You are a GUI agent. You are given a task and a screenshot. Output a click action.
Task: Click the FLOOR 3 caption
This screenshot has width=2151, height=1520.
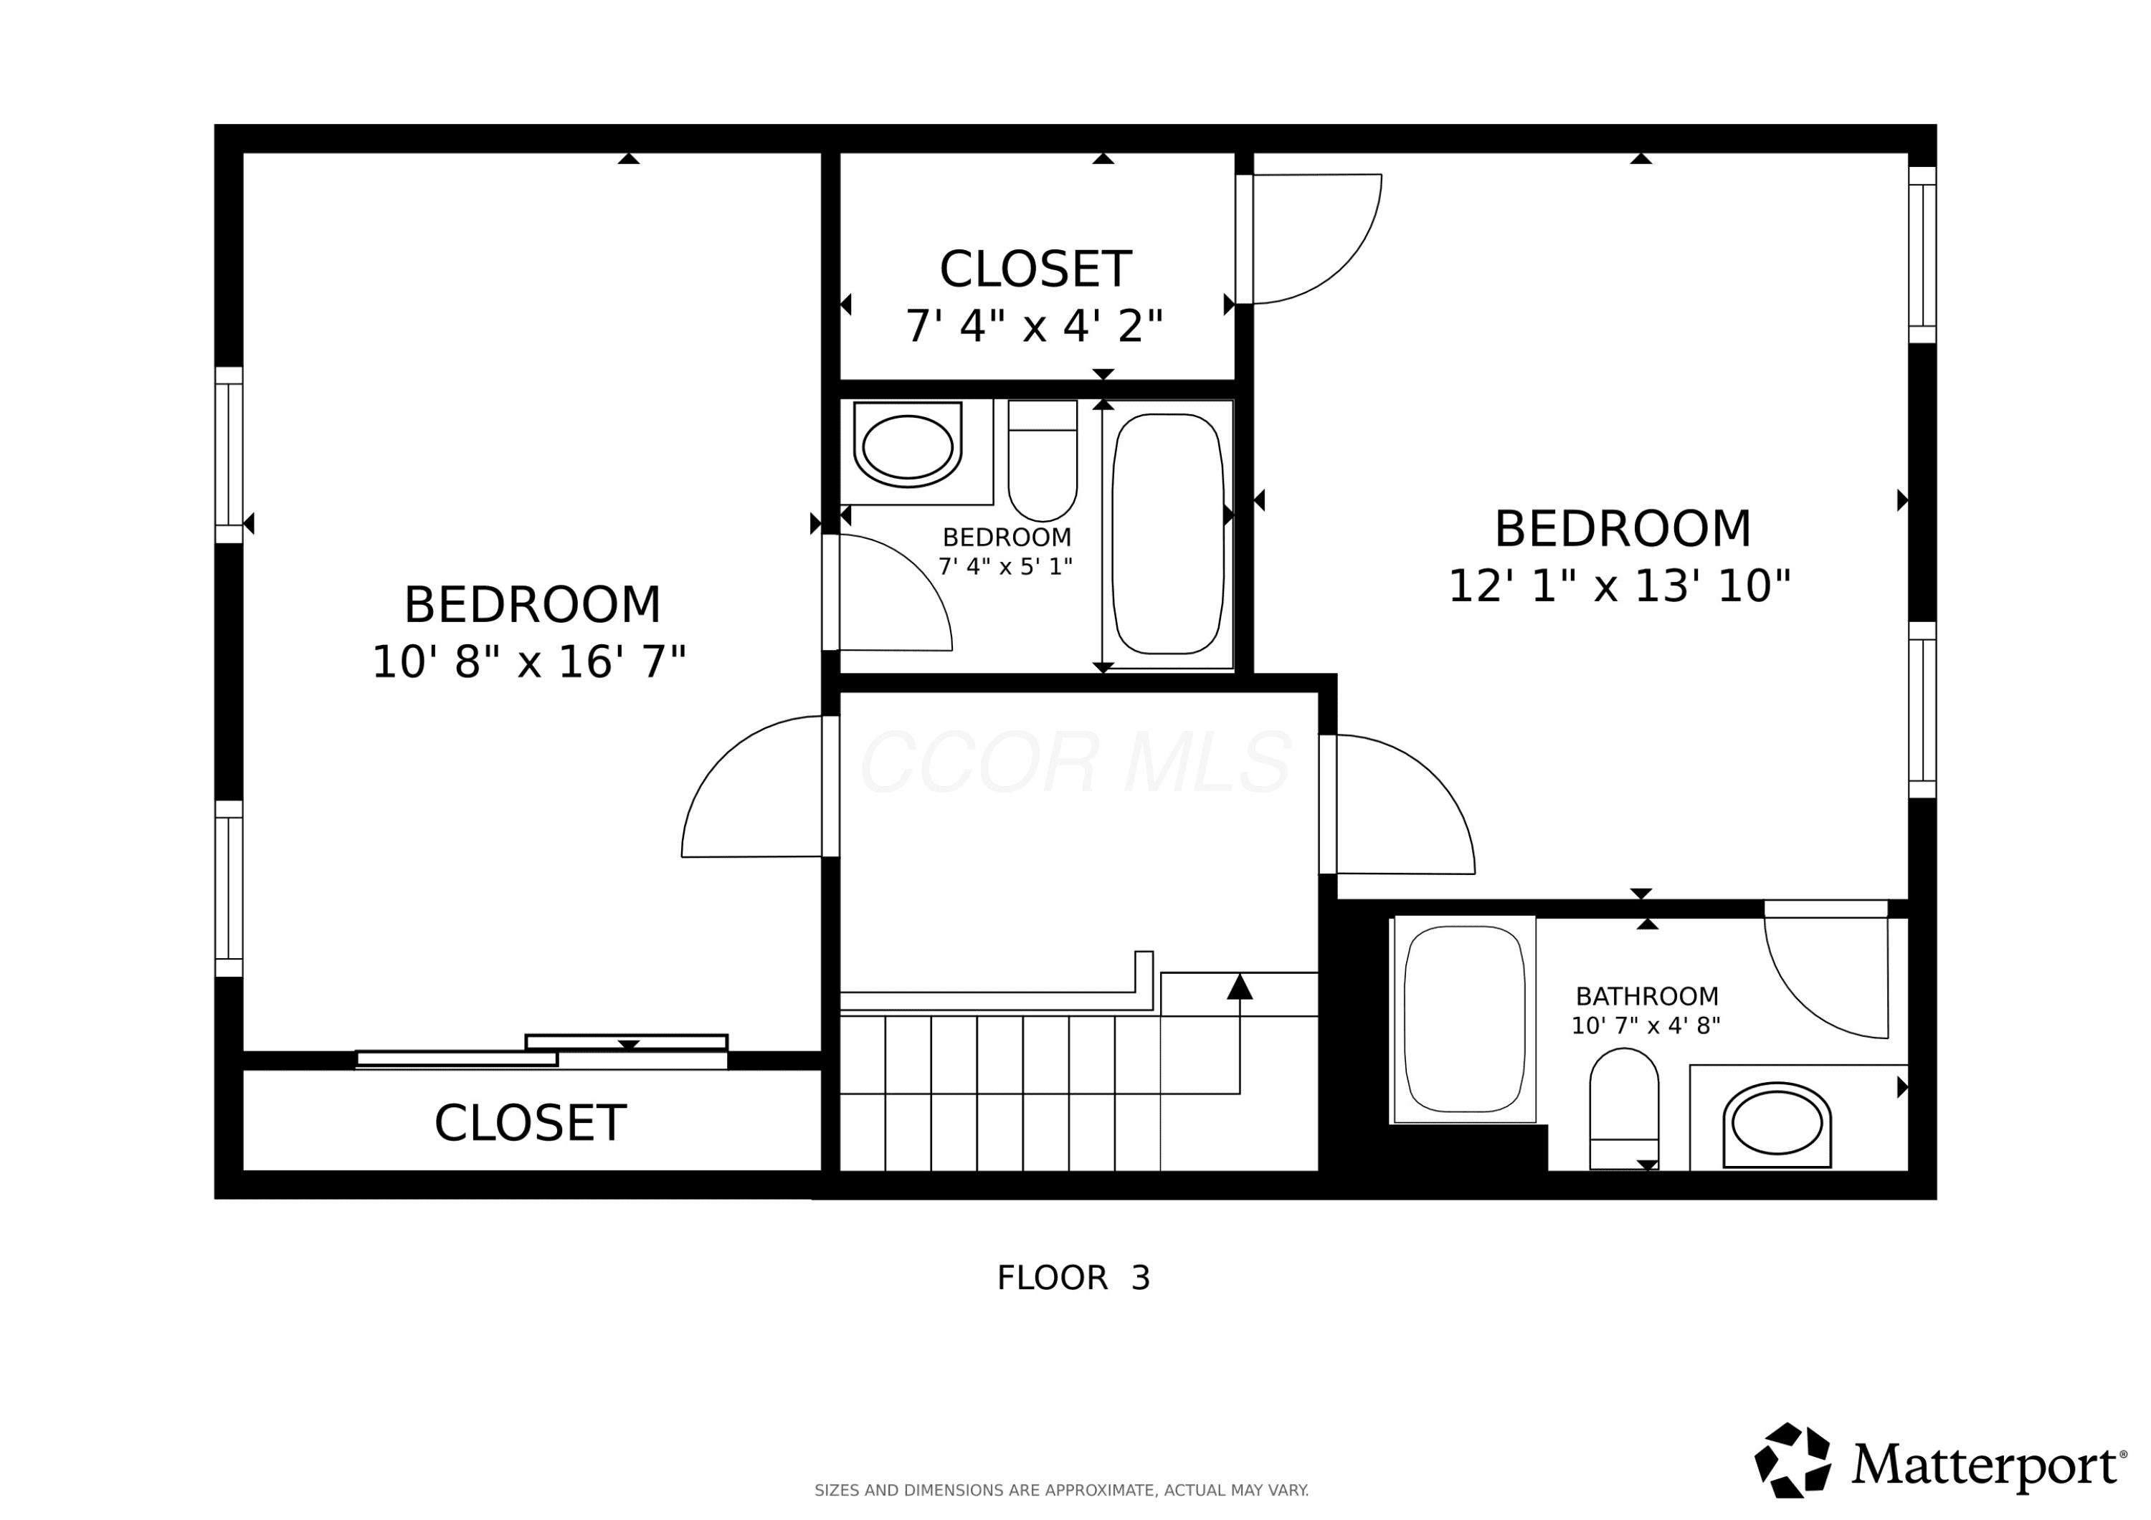pos(1073,1278)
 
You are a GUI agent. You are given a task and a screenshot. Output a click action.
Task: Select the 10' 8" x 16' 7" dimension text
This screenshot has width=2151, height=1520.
pos(529,662)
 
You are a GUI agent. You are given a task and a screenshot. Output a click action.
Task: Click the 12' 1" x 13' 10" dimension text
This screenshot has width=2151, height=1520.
pos(1620,586)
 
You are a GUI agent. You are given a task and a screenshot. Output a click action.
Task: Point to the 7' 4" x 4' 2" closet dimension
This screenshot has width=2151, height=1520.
pos(1035,326)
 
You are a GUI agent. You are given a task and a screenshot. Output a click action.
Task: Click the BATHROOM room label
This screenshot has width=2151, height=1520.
pos(1647,996)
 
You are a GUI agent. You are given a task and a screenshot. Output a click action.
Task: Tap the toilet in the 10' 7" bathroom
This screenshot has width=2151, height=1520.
pos(1625,1109)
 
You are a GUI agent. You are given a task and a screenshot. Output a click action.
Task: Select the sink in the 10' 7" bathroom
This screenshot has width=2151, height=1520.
pos(1777,1125)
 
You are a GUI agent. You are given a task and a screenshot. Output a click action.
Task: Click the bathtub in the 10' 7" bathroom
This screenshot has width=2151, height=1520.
pos(1466,1019)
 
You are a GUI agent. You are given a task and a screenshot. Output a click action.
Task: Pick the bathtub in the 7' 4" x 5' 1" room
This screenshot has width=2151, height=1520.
pos(1168,534)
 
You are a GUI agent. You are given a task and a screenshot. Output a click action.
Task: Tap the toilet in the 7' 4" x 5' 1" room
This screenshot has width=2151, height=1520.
pos(1043,461)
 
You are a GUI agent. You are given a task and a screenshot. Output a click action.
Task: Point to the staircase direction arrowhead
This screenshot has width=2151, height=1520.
pos(1240,986)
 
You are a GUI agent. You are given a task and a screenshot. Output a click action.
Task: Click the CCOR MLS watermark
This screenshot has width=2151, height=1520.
pos(1075,763)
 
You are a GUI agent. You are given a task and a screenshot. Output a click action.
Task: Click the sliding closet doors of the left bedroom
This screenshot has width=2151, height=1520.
pos(541,1052)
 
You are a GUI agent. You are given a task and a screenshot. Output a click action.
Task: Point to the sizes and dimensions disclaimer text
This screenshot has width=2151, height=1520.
pos(1061,1490)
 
